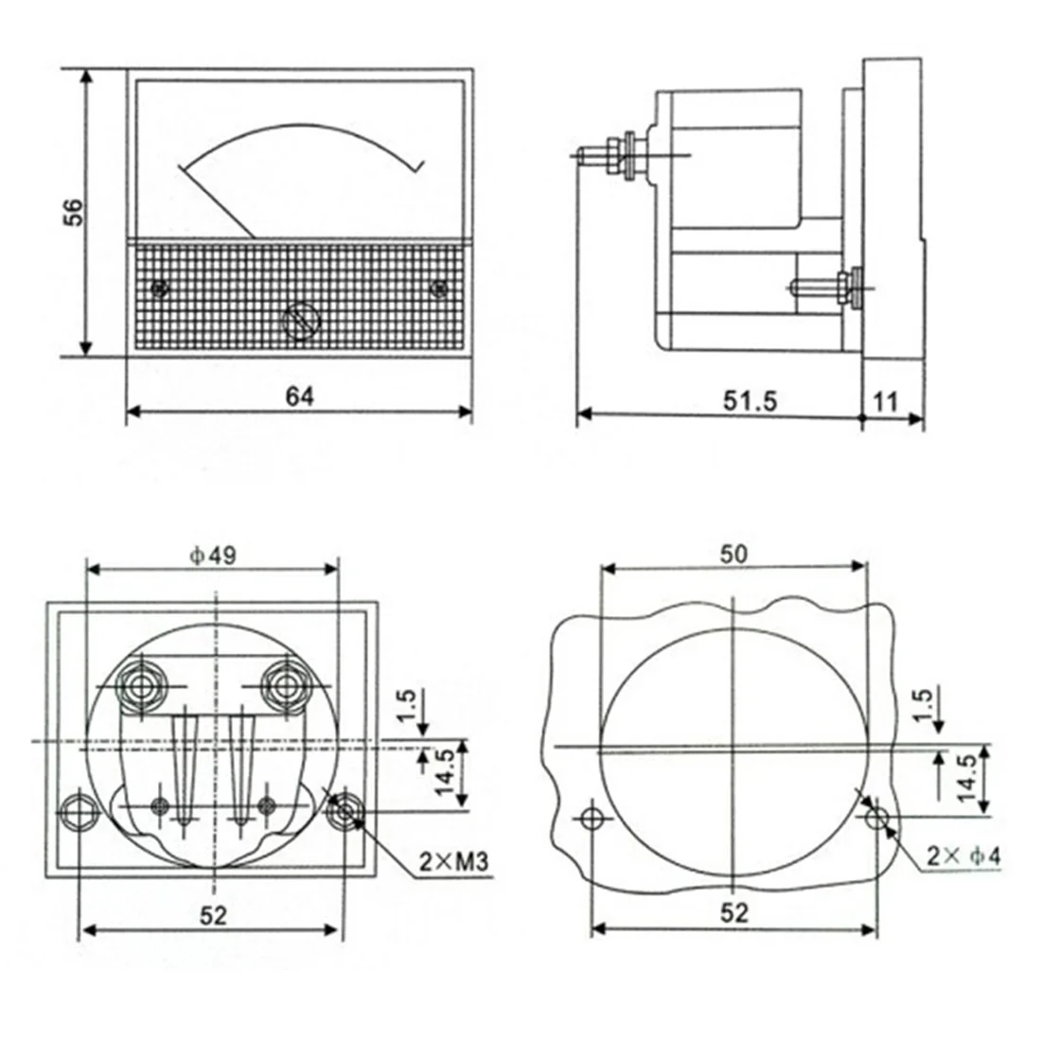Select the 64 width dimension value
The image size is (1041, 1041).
(300, 397)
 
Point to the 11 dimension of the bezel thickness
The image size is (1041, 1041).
(886, 401)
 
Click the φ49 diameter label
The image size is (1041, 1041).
(212, 556)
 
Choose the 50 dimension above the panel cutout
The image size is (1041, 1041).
(733, 555)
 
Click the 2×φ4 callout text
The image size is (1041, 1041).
(963, 856)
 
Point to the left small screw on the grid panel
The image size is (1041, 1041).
(158, 287)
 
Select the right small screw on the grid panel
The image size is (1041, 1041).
(438, 287)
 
